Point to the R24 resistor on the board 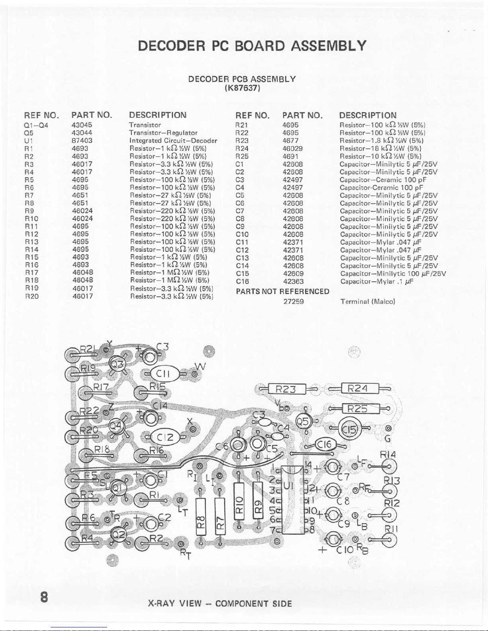tap(358, 388)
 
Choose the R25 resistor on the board tap(357, 408)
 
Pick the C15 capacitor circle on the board tap(350, 429)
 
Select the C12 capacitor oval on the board tap(164, 437)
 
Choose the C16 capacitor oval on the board tap(325, 444)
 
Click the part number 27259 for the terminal tap(293, 301)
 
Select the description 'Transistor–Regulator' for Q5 tap(163, 133)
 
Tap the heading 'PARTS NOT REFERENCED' tap(282, 291)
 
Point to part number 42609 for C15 tap(293, 273)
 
